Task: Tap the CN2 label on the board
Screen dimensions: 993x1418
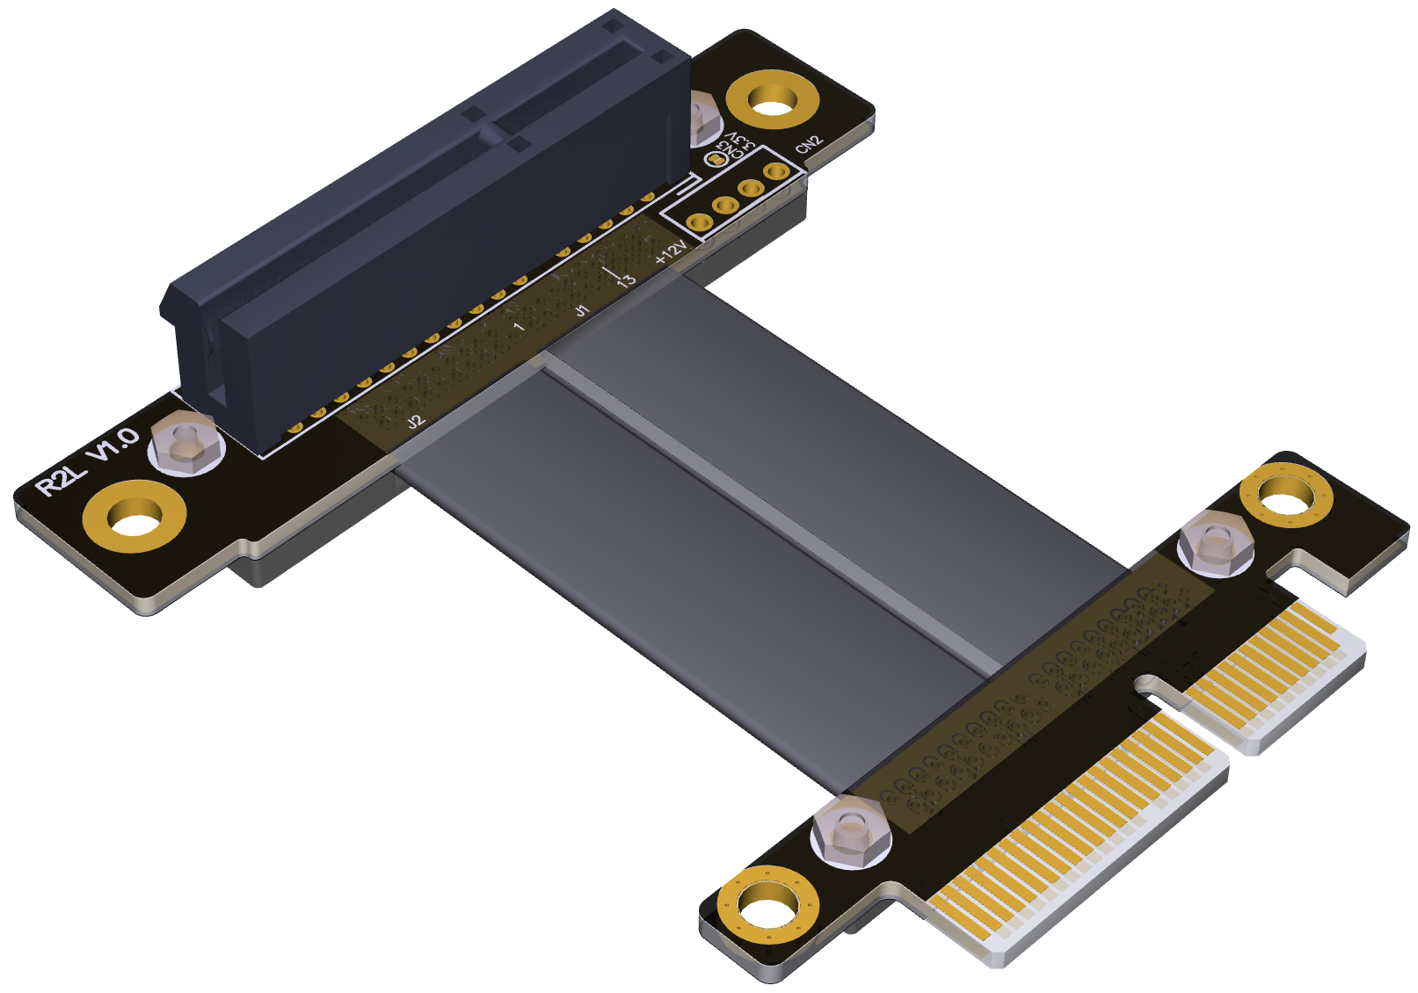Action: pos(808,145)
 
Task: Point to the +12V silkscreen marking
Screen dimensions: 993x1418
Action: pos(671,253)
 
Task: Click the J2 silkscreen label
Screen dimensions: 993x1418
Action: pos(416,422)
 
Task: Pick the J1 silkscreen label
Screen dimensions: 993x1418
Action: pos(581,310)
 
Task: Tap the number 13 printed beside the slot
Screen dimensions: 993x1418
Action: pos(626,280)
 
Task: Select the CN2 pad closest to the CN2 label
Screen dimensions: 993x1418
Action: pos(775,171)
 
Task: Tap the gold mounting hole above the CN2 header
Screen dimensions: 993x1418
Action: pos(772,100)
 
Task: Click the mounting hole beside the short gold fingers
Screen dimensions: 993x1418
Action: pos(1285,498)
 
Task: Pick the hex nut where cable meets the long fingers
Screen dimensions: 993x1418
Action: pos(850,831)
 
